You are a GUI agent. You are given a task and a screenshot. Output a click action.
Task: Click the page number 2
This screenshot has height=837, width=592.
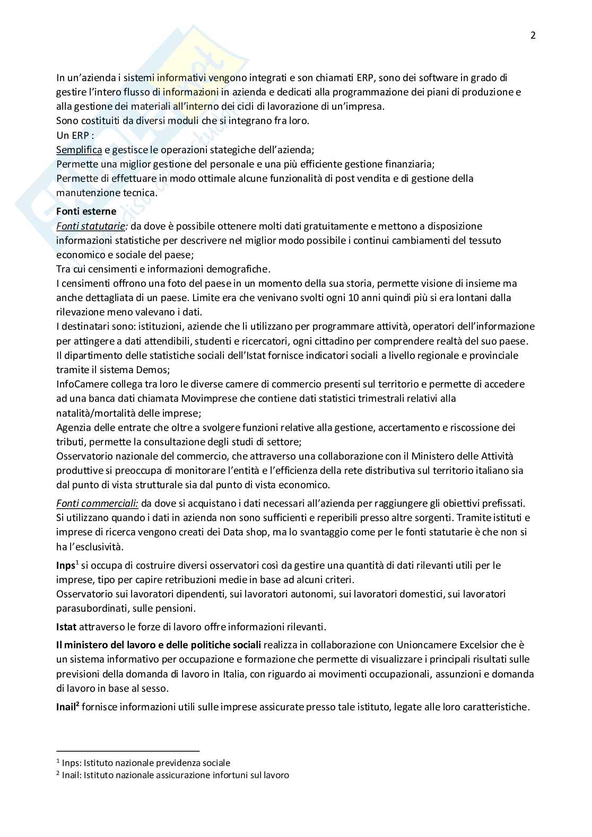[533, 36]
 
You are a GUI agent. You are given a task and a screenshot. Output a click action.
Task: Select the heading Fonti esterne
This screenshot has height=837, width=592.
[86, 211]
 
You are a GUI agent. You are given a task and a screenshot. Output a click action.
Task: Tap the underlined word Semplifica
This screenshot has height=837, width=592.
[79, 150]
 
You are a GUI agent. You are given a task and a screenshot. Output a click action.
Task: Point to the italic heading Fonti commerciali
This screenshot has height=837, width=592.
[97, 503]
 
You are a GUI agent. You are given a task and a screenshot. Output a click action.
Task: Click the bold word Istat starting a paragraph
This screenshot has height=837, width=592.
[66, 627]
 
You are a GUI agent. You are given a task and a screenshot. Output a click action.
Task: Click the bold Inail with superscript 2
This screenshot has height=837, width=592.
[68, 707]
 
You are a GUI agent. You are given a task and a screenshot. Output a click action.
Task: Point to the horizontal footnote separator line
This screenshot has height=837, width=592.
[128, 751]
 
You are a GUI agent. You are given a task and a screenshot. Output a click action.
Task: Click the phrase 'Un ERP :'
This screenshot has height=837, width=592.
[75, 135]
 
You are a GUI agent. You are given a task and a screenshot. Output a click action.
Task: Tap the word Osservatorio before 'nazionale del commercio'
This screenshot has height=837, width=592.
[86, 456]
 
